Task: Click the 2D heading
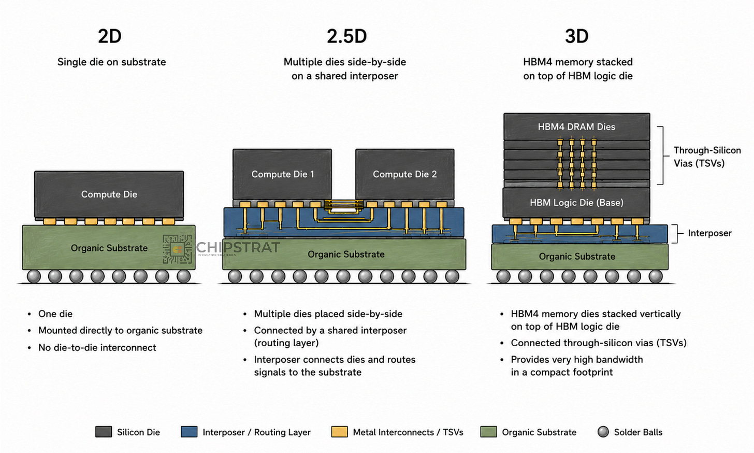coord(110,36)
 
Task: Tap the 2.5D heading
coord(347,36)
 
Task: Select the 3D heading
coord(576,36)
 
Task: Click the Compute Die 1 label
coord(283,174)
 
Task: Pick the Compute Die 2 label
coord(404,174)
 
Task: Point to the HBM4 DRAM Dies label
coord(576,126)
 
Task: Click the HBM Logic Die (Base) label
coord(576,203)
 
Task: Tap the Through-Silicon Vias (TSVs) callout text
coord(707,157)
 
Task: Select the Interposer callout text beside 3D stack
coord(709,233)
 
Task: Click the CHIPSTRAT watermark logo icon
coord(177,249)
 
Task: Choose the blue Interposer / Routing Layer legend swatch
coord(189,432)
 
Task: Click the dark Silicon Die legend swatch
coord(104,432)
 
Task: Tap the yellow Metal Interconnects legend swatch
coord(339,432)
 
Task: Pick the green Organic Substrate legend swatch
coord(488,432)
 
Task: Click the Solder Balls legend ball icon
coord(603,432)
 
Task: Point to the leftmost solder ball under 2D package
coord(34,276)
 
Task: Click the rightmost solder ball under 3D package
coord(656,276)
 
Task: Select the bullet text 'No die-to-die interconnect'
coord(97,348)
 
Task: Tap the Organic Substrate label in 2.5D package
coord(346,254)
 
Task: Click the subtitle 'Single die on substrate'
coord(111,62)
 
